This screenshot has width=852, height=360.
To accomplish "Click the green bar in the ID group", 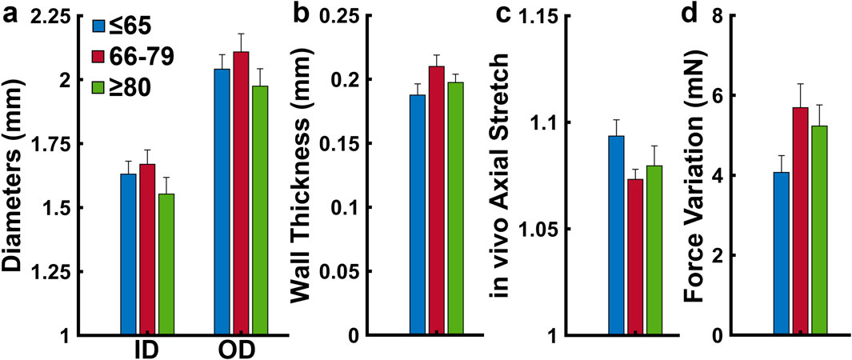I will (166, 264).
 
